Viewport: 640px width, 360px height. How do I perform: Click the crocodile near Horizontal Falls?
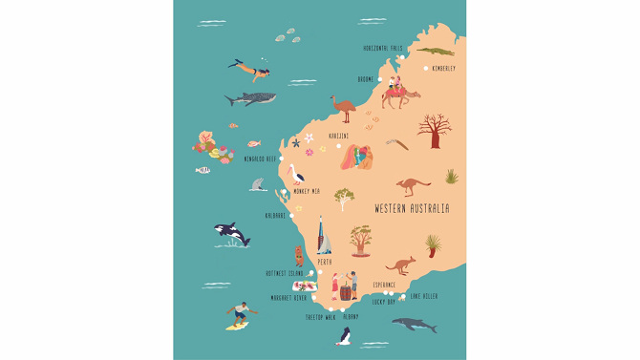(x=435, y=51)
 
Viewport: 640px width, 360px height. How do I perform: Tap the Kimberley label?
(x=442, y=69)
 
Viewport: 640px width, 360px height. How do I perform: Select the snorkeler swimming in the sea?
(x=250, y=69)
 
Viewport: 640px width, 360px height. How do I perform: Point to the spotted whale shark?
(x=250, y=98)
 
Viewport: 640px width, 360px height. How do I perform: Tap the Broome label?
(x=365, y=80)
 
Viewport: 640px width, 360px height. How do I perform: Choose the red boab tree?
(x=434, y=130)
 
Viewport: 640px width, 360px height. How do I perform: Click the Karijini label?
(x=339, y=136)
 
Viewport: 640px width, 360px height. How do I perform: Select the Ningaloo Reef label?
(x=260, y=159)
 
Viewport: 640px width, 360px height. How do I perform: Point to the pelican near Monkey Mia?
(x=297, y=176)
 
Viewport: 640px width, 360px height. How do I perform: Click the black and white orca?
(x=230, y=233)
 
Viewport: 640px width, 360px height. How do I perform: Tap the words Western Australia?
(x=412, y=208)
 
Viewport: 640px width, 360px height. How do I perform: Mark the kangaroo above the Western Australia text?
(x=414, y=185)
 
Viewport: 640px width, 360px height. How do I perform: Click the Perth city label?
(x=325, y=262)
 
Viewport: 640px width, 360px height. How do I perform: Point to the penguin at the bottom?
(x=344, y=335)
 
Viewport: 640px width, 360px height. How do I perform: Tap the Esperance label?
(x=384, y=285)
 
